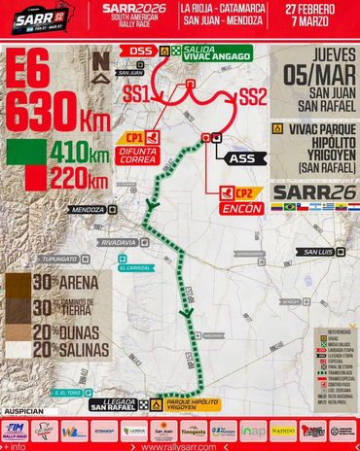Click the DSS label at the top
[x=141, y=51]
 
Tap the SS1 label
[x=136, y=94]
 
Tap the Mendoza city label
[x=88, y=209]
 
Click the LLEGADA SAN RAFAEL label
[x=113, y=404]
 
